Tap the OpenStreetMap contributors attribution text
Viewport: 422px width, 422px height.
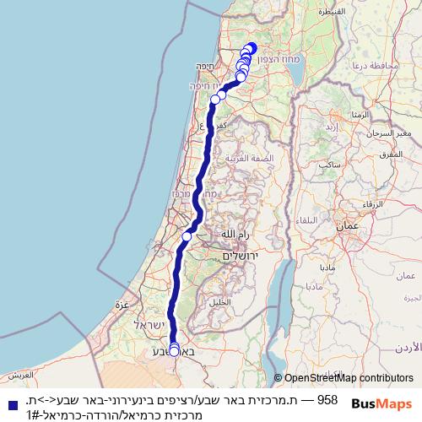tap(344, 378)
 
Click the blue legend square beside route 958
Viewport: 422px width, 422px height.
tap(10, 400)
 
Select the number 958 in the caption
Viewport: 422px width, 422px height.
tap(327, 400)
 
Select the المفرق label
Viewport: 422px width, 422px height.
tap(391, 154)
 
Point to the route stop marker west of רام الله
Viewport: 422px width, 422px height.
tap(187, 235)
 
